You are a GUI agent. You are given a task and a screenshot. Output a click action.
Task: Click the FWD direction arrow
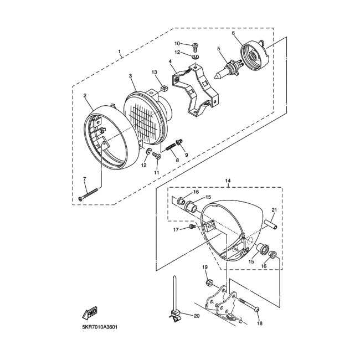90,313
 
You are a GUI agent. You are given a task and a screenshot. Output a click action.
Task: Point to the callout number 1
119,53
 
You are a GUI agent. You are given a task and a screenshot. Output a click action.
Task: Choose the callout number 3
130,76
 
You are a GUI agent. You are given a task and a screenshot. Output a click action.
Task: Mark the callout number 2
85,95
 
